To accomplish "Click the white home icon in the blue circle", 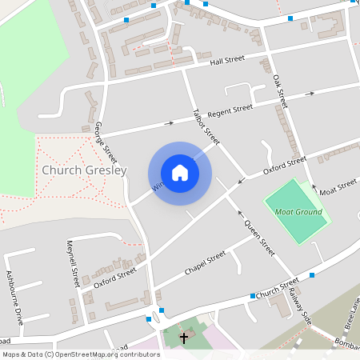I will (180, 173).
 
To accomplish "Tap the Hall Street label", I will (227, 60).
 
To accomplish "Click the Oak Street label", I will (279, 90).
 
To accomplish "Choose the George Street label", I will (106, 141).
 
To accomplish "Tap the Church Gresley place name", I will (83, 171).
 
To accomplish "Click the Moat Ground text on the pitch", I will (298, 212).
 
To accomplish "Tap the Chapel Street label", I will (206, 262).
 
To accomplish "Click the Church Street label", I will (278, 286).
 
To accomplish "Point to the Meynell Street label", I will (74, 265).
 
